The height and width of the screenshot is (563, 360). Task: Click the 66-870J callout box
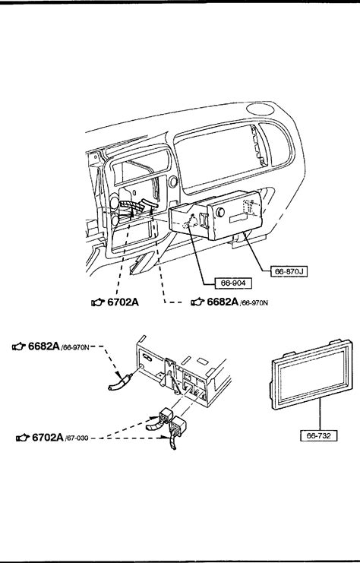(289, 271)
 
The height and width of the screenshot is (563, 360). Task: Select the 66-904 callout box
(233, 283)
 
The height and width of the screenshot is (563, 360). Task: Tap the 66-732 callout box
(319, 436)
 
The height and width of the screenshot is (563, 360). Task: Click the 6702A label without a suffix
(123, 302)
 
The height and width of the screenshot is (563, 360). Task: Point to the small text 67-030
(77, 438)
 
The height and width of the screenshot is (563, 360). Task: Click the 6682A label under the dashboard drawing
(223, 302)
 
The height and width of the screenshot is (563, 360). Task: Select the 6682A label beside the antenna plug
(44, 346)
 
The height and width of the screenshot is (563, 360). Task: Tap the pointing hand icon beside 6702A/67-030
(23, 438)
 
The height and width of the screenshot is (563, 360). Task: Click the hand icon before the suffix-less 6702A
(98, 302)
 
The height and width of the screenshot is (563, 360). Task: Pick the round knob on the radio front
(220, 212)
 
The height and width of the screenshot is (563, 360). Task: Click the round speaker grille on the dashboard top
(261, 109)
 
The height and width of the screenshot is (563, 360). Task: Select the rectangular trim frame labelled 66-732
(311, 373)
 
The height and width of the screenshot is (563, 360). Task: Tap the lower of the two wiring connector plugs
(177, 432)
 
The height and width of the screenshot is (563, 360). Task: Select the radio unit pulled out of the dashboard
(216, 216)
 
